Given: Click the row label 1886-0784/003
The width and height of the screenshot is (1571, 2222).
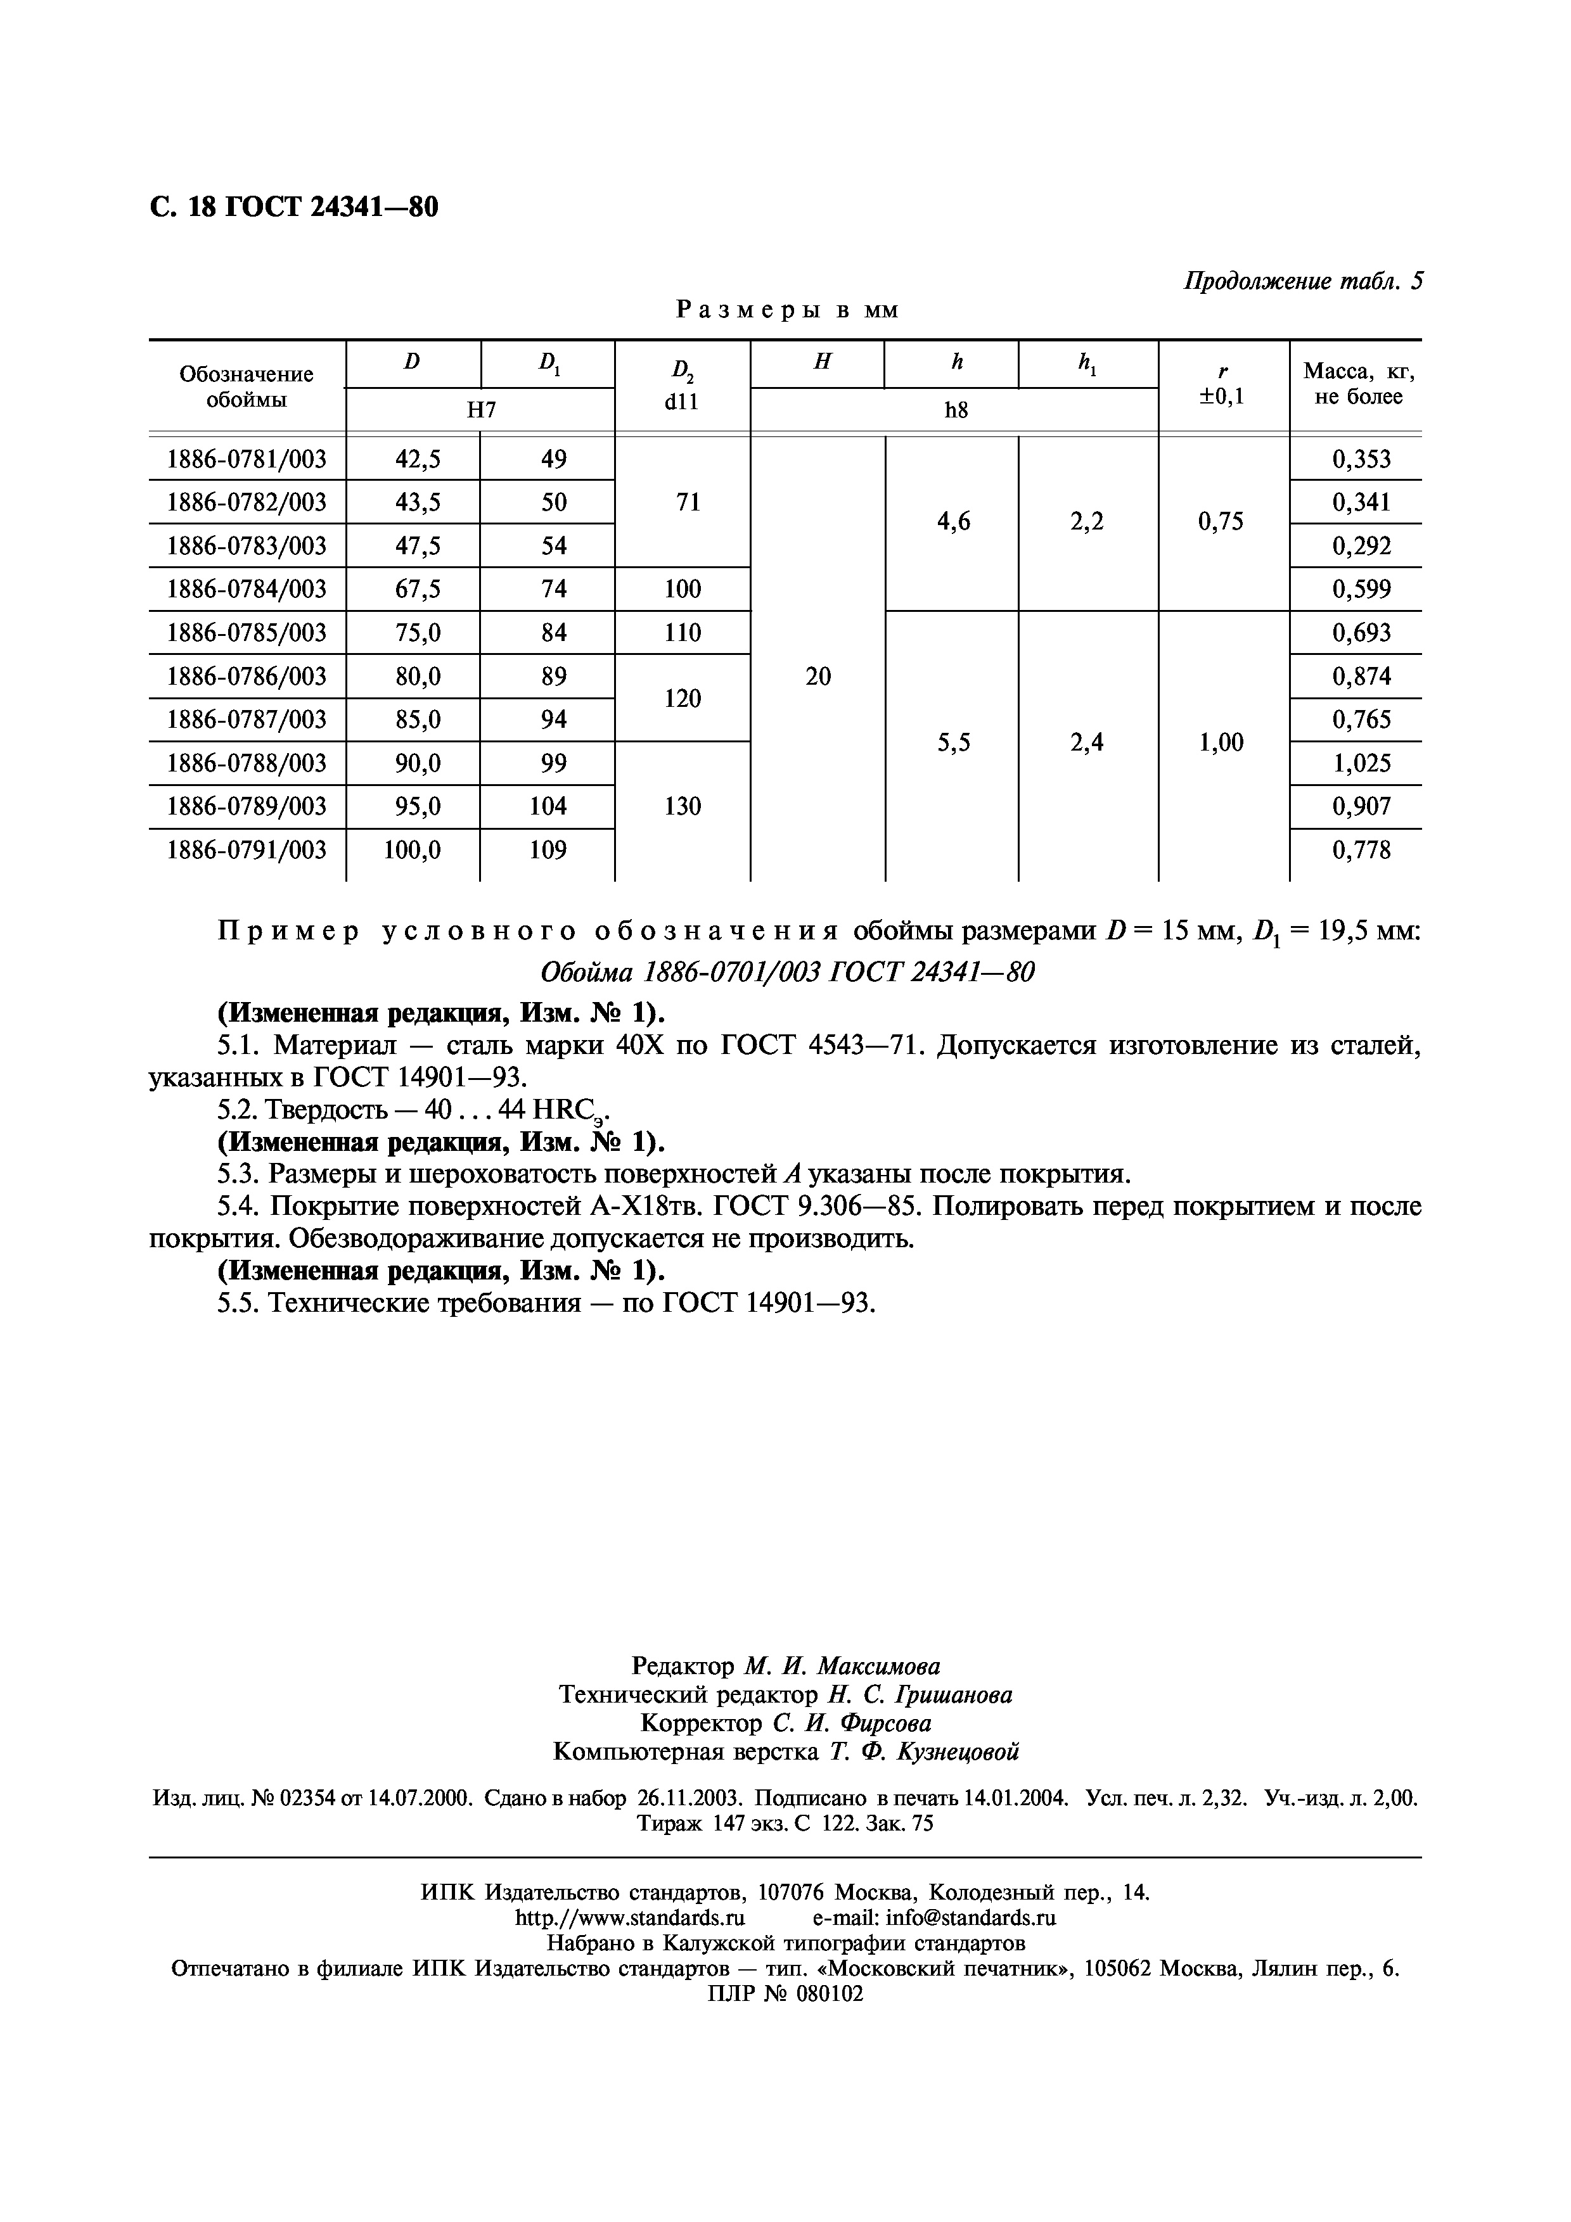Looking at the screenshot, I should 247,589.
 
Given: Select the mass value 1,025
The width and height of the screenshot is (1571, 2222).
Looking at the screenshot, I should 1361,763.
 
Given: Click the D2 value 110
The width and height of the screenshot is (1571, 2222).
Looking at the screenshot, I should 683,633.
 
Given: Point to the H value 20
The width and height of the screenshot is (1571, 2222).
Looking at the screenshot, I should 818,676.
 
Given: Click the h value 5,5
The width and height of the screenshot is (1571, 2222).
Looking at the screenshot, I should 954,742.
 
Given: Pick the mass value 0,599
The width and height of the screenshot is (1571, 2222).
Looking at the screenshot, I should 1361,589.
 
